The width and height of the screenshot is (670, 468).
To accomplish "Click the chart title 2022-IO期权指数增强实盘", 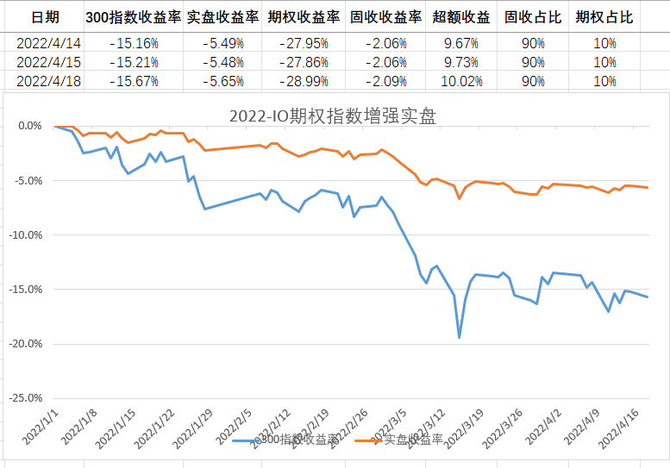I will pos(335,115).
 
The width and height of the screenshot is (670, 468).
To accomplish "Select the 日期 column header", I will pos(45,17).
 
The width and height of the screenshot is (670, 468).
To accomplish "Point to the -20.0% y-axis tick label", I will pos(28,343).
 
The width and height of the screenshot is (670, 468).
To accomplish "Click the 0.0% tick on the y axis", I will pos(31,126).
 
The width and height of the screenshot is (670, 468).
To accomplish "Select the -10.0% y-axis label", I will pos(28,234).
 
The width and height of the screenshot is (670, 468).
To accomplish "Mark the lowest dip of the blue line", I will pos(460,337).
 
